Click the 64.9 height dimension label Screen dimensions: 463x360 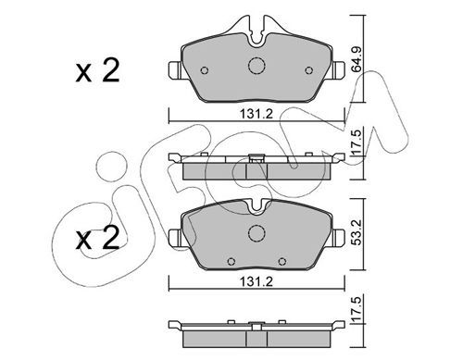tap(357, 60)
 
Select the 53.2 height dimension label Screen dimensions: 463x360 tap(357, 232)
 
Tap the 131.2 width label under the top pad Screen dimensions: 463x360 tap(257, 114)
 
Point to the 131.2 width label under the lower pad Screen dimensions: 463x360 tap(257, 281)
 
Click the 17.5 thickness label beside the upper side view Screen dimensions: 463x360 tap(357, 143)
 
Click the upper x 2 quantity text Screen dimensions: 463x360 tap(97, 71)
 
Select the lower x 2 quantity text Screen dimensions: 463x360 tap(97, 238)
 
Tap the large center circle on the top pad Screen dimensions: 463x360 tap(257, 66)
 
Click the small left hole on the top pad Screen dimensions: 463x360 tap(205, 70)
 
